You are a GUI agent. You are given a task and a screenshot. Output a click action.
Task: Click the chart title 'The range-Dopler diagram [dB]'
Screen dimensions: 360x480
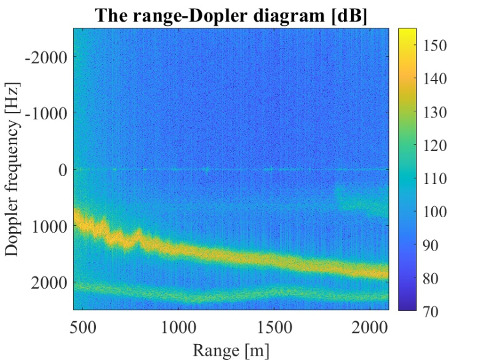(231, 16)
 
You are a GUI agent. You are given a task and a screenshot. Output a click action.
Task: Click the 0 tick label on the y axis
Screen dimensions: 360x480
(62, 169)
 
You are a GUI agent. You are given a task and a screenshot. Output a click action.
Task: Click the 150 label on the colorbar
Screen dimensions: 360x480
(435, 46)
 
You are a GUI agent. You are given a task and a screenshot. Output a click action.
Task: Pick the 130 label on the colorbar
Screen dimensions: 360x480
(435, 112)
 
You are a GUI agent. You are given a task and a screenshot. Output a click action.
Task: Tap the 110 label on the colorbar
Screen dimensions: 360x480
(435, 179)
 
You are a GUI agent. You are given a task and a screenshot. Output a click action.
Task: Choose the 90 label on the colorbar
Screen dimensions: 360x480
(431, 246)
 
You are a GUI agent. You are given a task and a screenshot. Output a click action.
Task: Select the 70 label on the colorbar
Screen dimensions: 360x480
(431, 311)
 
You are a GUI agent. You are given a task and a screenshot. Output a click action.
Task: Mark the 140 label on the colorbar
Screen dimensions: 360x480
(435, 79)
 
